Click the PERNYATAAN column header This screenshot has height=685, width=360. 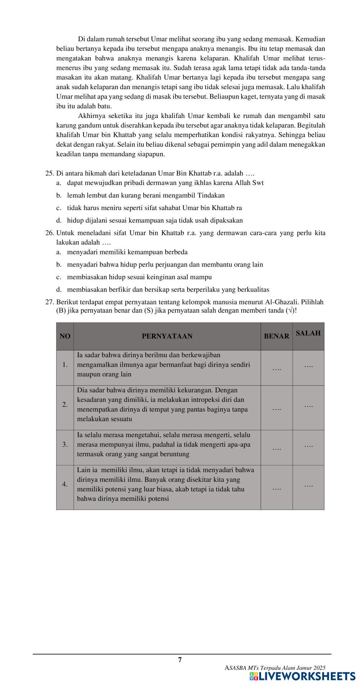(167, 336)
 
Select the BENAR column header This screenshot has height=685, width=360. (276, 336)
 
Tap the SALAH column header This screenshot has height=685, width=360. (308, 333)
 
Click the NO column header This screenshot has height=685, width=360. (65, 336)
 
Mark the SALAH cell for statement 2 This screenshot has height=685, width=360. (308, 405)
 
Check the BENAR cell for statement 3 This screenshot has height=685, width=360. (276, 448)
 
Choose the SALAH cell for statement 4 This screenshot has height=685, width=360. (308, 485)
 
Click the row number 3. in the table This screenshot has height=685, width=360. (65, 444)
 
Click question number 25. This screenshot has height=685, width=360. (49, 173)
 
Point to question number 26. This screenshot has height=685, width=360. (49, 233)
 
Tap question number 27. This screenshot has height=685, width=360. (49, 302)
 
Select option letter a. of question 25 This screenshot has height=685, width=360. (59, 183)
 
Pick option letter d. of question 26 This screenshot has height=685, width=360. (59, 290)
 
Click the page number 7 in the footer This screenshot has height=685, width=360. (180, 659)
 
